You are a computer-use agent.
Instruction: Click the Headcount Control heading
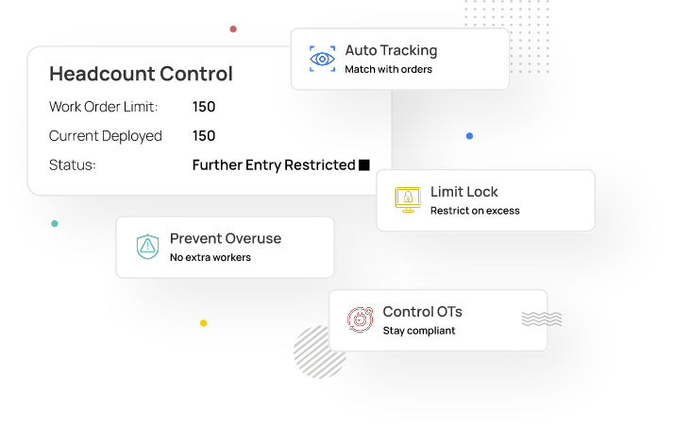point(141,74)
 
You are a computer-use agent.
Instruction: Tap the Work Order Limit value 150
point(204,107)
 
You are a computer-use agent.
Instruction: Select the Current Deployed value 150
point(204,136)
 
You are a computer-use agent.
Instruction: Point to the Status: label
point(73,165)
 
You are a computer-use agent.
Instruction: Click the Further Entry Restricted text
point(273,165)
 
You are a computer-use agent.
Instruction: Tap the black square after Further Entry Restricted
point(364,165)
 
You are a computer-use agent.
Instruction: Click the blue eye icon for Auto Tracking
point(323,59)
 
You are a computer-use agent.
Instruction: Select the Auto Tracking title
point(391,51)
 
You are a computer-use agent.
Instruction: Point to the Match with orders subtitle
point(388,70)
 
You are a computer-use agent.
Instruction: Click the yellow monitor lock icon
point(408,199)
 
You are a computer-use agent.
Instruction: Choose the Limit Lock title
point(463,192)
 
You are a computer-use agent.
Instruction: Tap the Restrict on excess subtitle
point(475,211)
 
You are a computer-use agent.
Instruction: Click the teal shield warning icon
point(147,247)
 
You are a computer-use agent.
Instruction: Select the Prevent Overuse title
point(226,239)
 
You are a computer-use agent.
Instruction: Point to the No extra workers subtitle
point(211,257)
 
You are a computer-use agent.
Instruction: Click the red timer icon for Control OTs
point(360,319)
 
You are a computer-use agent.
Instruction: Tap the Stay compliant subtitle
point(419,331)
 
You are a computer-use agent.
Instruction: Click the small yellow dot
point(203,323)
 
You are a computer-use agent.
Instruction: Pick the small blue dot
point(469,136)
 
